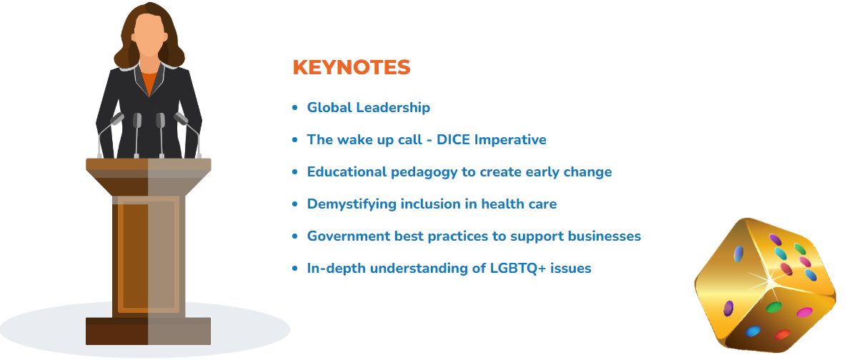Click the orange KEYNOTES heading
(x=352, y=68)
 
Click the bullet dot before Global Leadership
(x=294, y=108)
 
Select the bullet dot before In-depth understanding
(x=294, y=269)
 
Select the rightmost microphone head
(x=181, y=119)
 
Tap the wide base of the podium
(x=149, y=331)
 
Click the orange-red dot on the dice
(x=782, y=334)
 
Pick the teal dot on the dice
(x=780, y=253)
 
